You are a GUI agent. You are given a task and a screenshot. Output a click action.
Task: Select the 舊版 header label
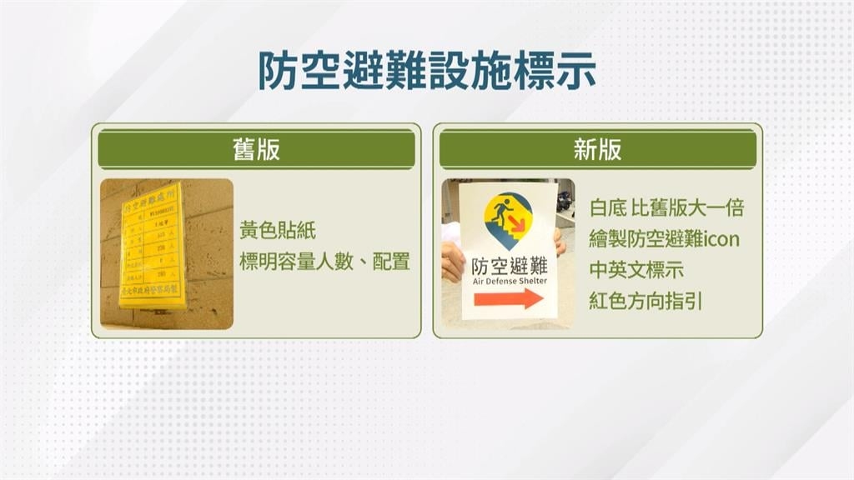(256, 149)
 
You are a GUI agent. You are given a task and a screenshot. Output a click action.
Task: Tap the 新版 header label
(597, 149)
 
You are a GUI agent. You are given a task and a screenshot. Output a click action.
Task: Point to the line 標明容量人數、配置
(324, 262)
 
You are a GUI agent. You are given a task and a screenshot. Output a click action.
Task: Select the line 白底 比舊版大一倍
(666, 208)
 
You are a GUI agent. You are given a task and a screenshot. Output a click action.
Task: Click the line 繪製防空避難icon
(664, 240)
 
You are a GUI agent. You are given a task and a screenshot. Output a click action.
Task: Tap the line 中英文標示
(635, 270)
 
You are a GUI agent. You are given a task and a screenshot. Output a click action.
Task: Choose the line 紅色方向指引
(646, 301)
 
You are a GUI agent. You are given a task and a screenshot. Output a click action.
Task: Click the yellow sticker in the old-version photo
(153, 245)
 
